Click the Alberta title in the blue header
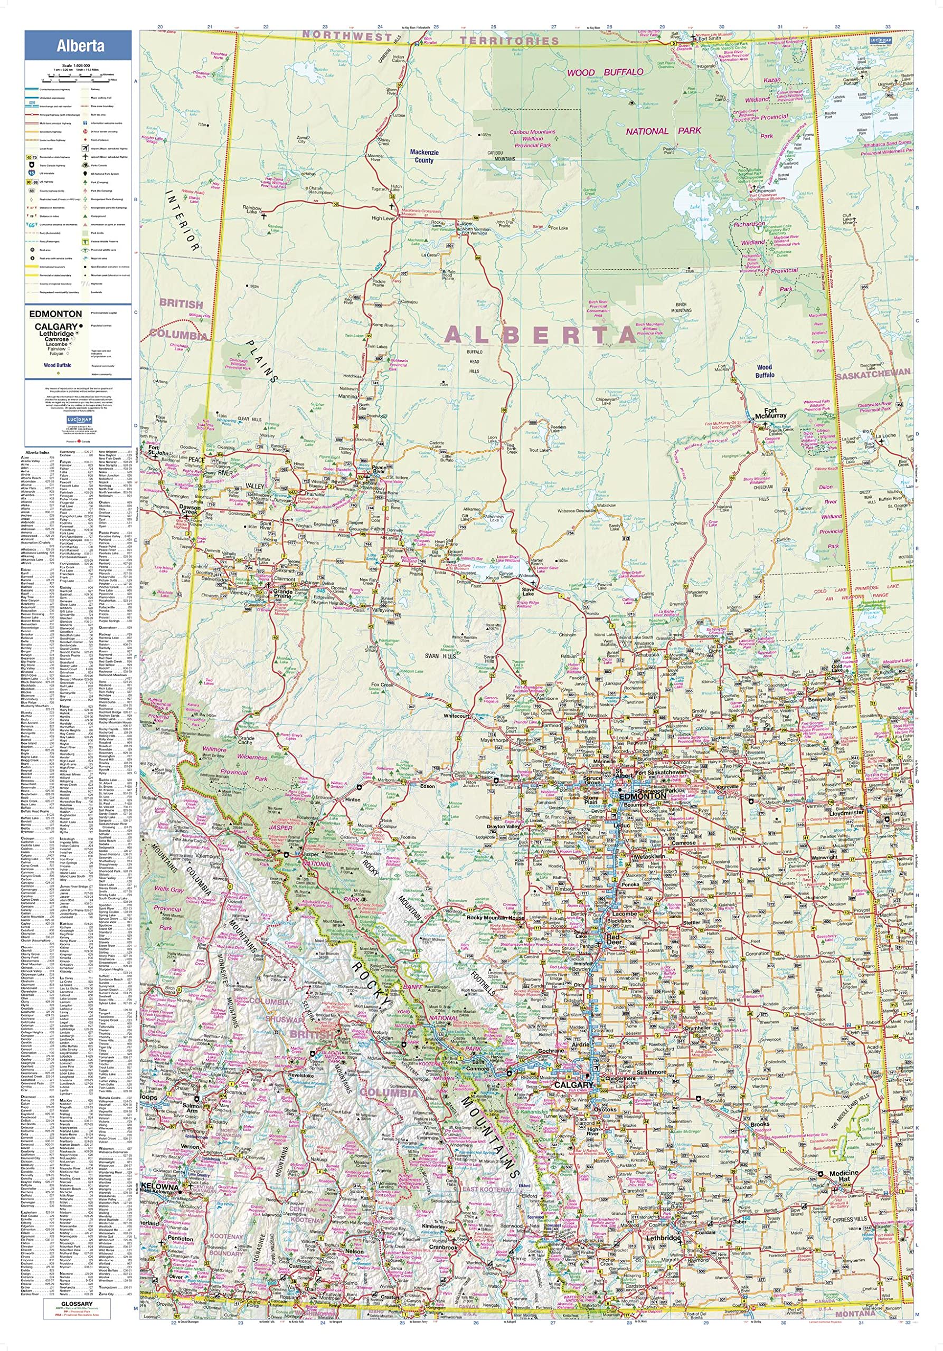click(x=81, y=46)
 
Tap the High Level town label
click(x=383, y=218)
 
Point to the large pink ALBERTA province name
click(x=540, y=335)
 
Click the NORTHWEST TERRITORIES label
click(x=430, y=37)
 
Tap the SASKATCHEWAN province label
click(x=872, y=373)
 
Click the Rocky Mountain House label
click(x=495, y=917)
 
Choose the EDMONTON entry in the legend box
click(x=55, y=313)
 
